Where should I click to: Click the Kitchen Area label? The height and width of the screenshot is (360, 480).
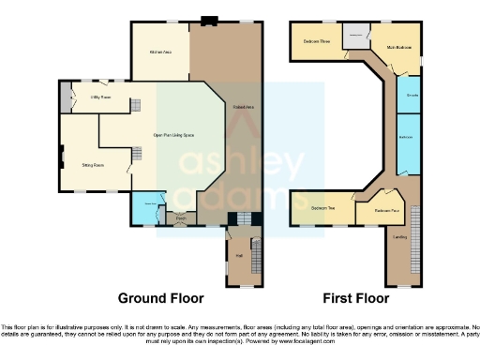point(160,52)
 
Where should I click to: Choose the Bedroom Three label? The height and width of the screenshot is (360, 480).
point(317,41)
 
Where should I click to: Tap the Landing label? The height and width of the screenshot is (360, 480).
point(399,238)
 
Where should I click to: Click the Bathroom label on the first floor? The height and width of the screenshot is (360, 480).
point(407,138)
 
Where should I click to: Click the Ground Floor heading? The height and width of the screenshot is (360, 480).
point(160,298)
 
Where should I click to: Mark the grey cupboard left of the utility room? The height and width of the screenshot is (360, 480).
point(65,97)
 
